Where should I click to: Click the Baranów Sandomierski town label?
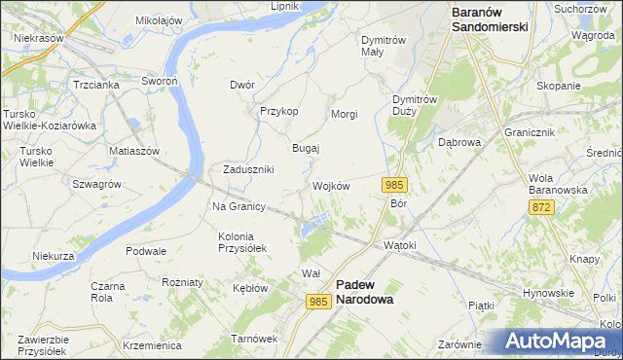pyautogui.click(x=490, y=19)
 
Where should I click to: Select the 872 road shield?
pyautogui.click(x=542, y=208)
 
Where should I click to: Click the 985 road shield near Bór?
pyautogui.click(x=394, y=185)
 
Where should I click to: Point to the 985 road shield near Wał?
pyautogui.click(x=318, y=302)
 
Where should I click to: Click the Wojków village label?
pyautogui.click(x=331, y=186)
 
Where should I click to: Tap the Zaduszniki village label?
pyautogui.click(x=248, y=168)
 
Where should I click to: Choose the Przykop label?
pyautogui.click(x=278, y=111)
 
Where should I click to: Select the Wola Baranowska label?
pyautogui.click(x=558, y=184)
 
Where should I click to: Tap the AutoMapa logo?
pyautogui.click(x=558, y=342)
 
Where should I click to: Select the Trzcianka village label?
pyautogui.click(x=95, y=85)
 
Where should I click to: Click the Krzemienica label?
pyautogui.click(x=153, y=345)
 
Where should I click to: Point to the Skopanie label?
pyautogui.click(x=558, y=86)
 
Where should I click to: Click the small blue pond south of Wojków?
pyautogui.click(x=311, y=230)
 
